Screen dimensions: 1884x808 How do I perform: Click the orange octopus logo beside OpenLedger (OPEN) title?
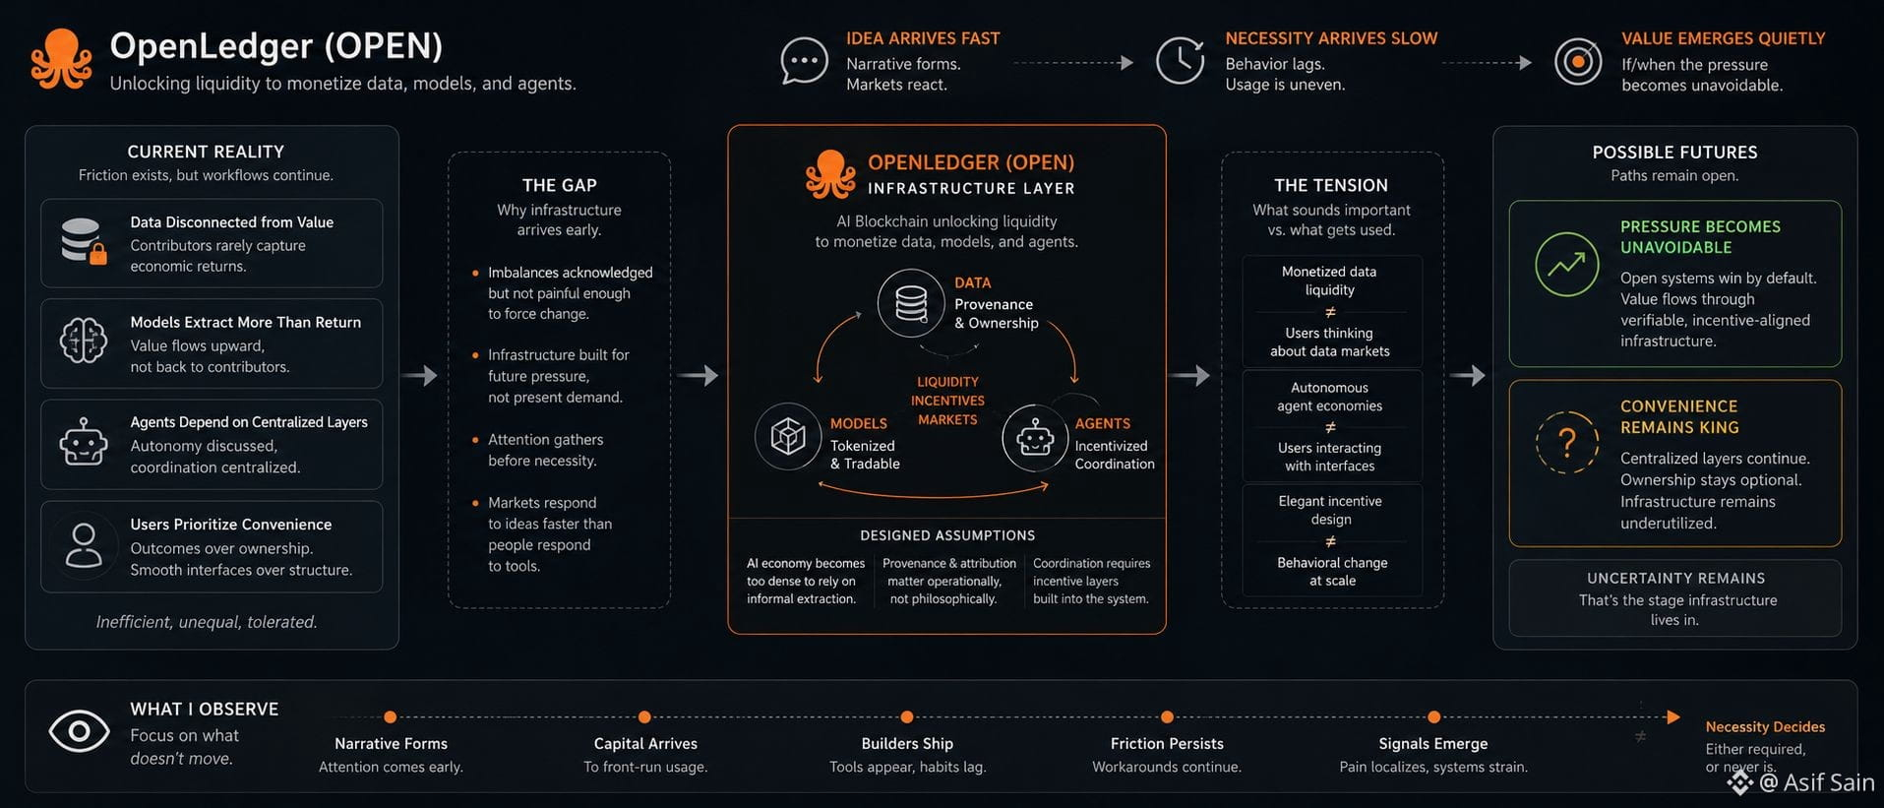pos(61,59)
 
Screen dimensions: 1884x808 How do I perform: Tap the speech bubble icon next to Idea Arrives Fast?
pos(804,61)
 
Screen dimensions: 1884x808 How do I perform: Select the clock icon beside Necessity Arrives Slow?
pos(1180,61)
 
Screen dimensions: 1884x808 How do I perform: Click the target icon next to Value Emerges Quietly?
pos(1578,61)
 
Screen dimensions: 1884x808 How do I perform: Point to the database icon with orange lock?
pos(84,241)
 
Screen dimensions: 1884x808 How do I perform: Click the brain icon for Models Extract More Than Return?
pos(84,342)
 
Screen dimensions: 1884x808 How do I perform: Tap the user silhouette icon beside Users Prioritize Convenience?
pos(84,545)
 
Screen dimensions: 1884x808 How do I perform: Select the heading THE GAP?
pos(559,185)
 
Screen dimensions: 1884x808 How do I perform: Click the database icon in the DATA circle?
pos(911,303)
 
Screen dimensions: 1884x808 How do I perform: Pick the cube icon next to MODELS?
pos(788,436)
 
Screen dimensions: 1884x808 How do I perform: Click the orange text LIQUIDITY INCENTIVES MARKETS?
pos(947,401)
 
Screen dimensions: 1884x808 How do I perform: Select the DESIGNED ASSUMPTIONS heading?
pos(947,535)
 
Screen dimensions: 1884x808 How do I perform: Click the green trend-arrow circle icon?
pos(1567,265)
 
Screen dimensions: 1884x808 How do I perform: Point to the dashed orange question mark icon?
pos(1567,443)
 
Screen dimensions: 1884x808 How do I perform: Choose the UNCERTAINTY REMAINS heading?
pos(1675,579)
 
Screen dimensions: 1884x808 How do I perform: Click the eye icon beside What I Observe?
pos(79,731)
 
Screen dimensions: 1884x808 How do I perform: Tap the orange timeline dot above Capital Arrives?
pos(644,717)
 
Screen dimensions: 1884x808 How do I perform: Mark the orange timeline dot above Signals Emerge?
pos(1433,717)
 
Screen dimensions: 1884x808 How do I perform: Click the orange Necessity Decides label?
pos(1765,727)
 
